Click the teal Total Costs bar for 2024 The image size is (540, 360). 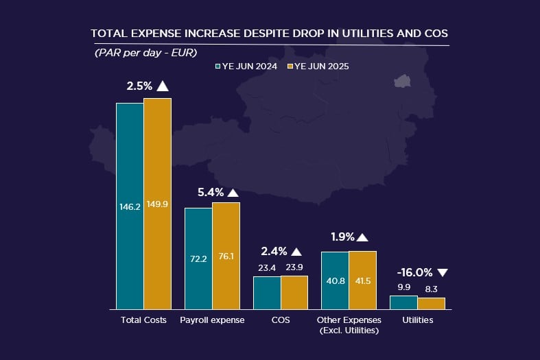[x=130, y=206]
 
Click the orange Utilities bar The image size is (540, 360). [x=432, y=303]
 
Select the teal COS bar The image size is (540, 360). [x=267, y=293]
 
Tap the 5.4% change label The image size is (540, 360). [x=210, y=193]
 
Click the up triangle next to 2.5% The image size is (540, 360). [x=162, y=86]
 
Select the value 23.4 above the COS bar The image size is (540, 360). [x=267, y=268]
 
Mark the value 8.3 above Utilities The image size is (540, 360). [x=432, y=289]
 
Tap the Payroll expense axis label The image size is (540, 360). [x=212, y=320]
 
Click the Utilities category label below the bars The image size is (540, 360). [x=418, y=320]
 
